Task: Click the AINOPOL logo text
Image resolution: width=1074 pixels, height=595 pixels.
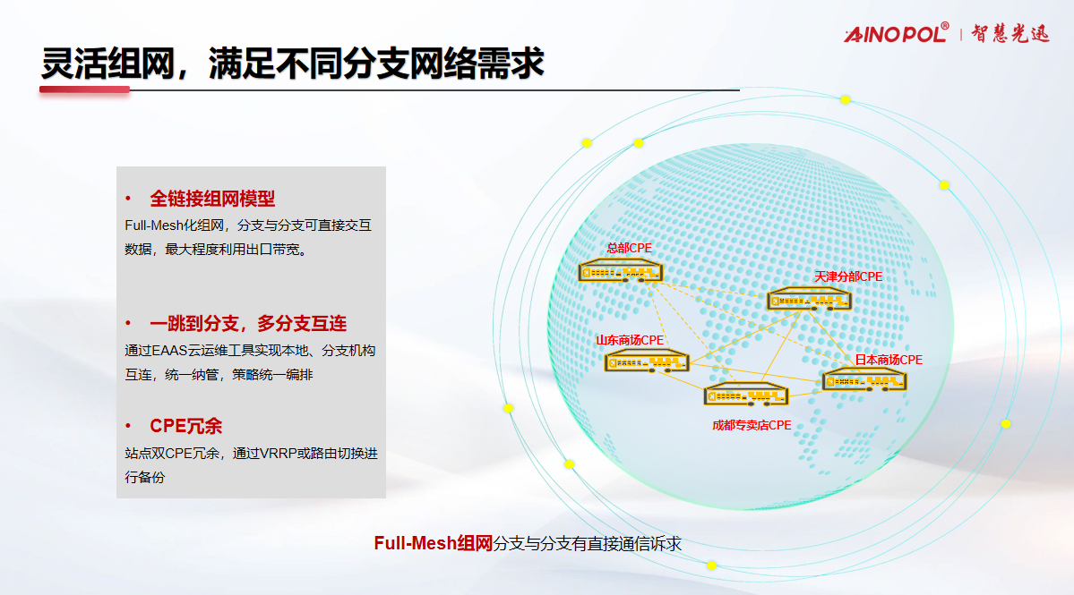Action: [x=897, y=33]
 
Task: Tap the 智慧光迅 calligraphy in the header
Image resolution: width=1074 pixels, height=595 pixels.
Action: [x=1010, y=33]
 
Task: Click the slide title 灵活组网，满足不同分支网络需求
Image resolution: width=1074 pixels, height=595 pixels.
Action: [x=293, y=64]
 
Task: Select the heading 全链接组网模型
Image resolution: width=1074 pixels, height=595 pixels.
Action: [x=212, y=199]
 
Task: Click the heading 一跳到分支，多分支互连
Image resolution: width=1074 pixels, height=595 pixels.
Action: [x=248, y=324]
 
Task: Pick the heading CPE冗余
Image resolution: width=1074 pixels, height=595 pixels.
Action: [x=185, y=426]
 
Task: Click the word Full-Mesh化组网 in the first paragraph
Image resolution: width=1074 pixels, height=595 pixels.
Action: [x=175, y=225]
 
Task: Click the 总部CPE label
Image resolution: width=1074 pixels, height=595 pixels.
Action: [x=629, y=248]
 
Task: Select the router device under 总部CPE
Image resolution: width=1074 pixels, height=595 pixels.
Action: [x=621, y=271]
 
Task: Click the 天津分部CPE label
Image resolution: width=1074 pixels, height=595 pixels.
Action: [x=848, y=276]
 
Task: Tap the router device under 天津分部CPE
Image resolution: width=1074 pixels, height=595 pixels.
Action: [x=809, y=299]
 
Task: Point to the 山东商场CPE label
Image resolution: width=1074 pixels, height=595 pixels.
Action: [x=630, y=340]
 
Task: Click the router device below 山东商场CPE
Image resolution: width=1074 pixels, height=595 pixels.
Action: [x=647, y=361]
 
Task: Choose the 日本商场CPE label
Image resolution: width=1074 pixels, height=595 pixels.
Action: [x=889, y=360]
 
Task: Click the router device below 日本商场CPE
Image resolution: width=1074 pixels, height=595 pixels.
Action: [x=864, y=379]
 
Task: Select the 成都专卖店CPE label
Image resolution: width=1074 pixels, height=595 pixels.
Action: [x=752, y=425]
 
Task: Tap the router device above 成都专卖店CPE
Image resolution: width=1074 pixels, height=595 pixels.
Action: [x=746, y=394]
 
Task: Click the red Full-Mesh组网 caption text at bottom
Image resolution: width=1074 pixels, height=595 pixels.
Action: [x=434, y=543]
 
